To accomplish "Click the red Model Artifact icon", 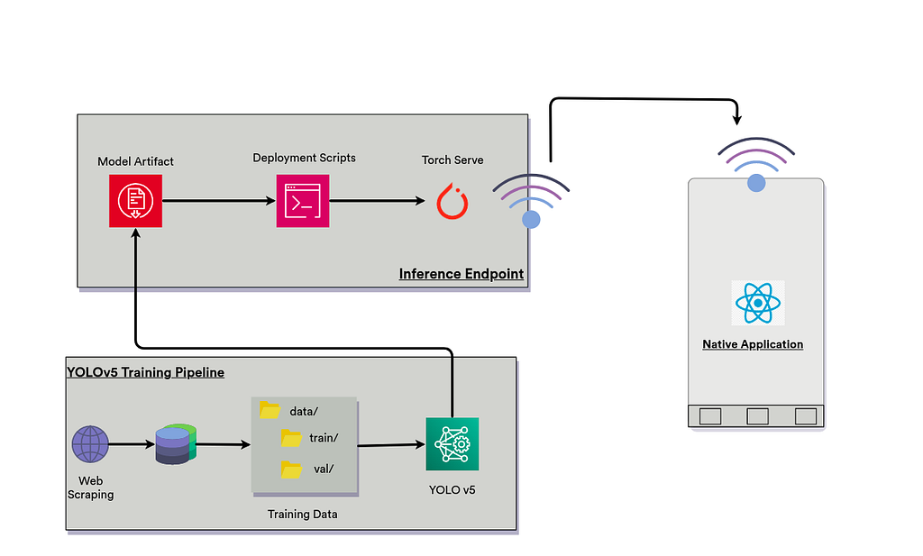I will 135,201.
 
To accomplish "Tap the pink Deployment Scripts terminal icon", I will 303,201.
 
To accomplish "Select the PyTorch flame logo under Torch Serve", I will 452,201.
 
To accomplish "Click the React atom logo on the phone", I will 758,303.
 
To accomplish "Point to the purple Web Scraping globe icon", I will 90,444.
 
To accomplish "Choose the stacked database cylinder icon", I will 175,444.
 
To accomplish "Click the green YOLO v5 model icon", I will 452,443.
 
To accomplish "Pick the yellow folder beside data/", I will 270,410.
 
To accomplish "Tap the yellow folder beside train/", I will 291,438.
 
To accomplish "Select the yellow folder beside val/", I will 291,469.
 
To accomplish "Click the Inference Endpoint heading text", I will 461,274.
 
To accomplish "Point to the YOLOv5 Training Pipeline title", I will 145,371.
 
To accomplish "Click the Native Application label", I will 753,344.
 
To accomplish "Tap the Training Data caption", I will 302,515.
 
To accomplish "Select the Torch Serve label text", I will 452,160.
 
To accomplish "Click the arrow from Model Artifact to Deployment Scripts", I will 219,201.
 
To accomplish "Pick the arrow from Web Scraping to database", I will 132,444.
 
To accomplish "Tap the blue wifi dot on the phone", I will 756,183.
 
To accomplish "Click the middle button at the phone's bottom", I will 757,416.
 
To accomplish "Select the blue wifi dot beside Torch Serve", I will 532,219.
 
